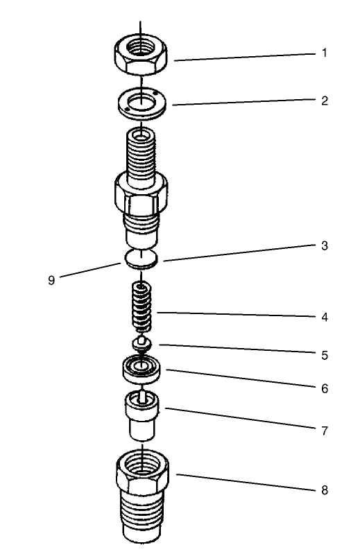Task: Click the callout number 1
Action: [x=324, y=53]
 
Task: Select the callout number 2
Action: [x=324, y=101]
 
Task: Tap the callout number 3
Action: [x=324, y=246]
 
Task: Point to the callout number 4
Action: [x=324, y=318]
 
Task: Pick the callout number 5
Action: [x=324, y=356]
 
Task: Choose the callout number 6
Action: [x=324, y=388]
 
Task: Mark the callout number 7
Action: [x=324, y=431]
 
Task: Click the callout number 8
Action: [x=324, y=490]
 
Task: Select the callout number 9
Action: [x=51, y=282]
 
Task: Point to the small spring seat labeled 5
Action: [x=141, y=343]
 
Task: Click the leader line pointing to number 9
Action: [x=90, y=271]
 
